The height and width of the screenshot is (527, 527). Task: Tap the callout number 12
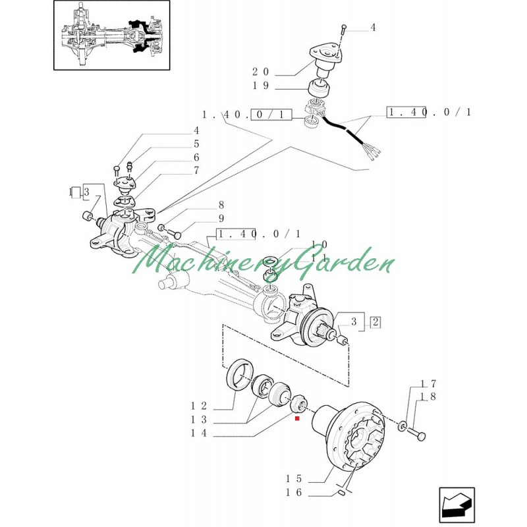(200, 406)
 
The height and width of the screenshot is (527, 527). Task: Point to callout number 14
(200, 433)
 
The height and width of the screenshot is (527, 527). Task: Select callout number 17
(429, 383)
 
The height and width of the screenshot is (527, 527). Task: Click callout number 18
(429, 396)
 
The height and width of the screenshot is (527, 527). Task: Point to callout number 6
(196, 157)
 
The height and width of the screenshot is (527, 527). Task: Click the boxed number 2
(375, 322)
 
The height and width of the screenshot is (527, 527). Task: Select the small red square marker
(298, 418)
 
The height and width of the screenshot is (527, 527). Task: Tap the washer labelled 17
(402, 428)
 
